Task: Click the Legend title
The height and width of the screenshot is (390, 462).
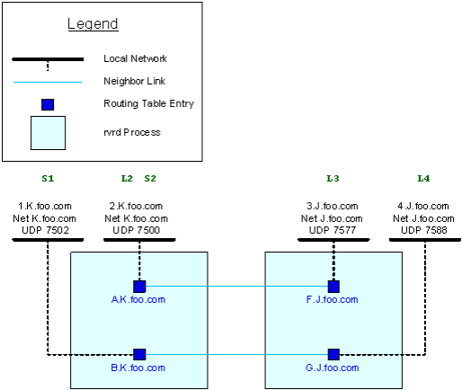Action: pos(93,24)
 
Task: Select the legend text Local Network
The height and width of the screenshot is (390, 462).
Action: pos(135,58)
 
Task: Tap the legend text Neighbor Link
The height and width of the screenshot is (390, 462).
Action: pos(134,81)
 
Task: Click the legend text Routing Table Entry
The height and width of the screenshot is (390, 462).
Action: pos(148,103)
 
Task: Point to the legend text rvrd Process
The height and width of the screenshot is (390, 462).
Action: pos(132,132)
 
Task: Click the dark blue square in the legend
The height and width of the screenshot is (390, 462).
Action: pos(48,104)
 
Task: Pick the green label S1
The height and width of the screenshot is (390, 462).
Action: pos(48,179)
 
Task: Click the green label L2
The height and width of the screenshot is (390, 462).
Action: pos(127,179)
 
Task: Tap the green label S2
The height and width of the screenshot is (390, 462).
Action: pos(150,179)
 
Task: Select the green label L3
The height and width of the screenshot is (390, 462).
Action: pos(333,179)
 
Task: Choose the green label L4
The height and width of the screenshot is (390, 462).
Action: pos(423,179)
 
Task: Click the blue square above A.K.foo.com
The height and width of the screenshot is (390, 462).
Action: pos(139,287)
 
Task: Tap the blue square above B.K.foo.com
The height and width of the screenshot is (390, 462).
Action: pos(139,354)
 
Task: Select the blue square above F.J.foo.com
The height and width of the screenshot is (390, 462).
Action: pos(333,287)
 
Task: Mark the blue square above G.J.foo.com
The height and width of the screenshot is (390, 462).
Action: pos(333,354)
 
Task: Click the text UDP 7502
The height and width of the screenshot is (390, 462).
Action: pos(45,230)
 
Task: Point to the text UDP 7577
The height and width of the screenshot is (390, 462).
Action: pos(333,230)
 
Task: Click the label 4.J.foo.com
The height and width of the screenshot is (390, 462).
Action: pos(423,206)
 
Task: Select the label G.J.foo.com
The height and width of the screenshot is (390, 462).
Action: pos(332,368)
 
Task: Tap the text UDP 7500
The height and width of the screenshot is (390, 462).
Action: pos(137,230)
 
